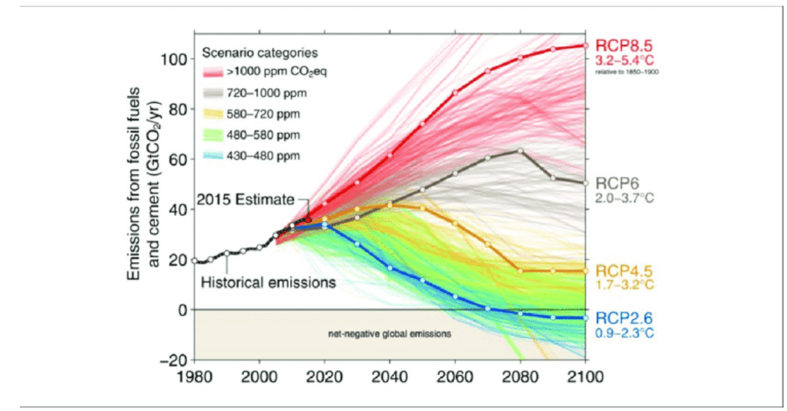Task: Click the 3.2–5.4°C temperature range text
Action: [624, 60]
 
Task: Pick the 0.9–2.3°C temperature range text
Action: [624, 332]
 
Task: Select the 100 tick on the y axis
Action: [174, 59]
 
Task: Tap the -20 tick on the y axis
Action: [174, 360]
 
